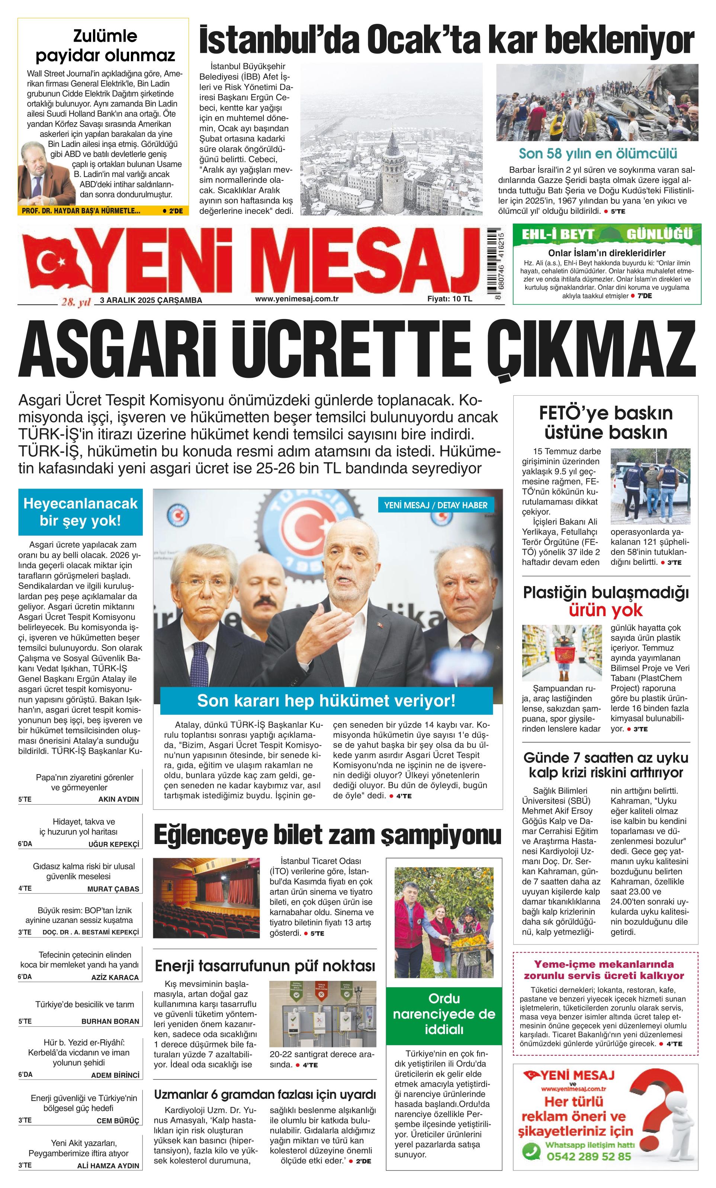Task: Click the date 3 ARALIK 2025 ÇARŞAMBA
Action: tap(151, 300)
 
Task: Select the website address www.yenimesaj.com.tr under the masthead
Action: tap(296, 299)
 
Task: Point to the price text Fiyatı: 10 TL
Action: tap(449, 299)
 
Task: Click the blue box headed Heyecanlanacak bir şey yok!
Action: tap(80, 512)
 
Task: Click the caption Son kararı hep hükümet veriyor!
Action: tap(326, 701)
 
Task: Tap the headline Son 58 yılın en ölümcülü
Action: tap(597, 153)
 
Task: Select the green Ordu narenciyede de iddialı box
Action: tap(444, 1014)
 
